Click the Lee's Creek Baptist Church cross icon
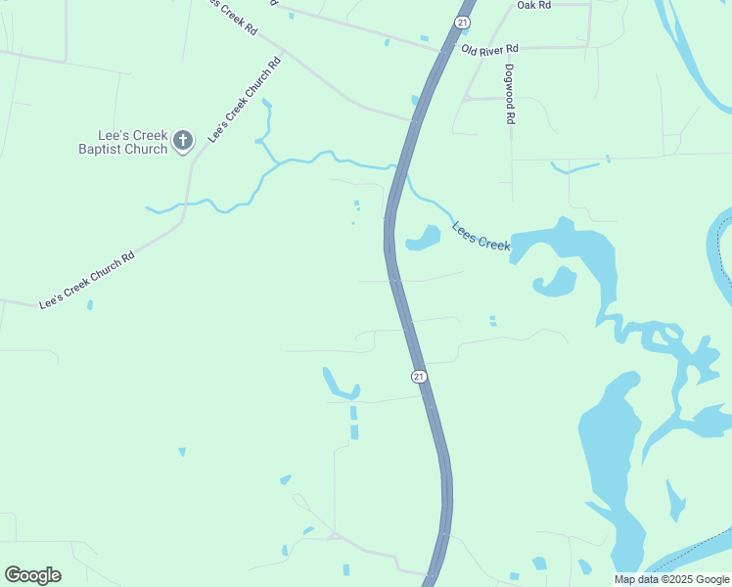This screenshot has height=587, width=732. click(x=182, y=142)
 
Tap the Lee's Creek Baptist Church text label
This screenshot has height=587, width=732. click(x=123, y=142)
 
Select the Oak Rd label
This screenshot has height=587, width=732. click(x=534, y=6)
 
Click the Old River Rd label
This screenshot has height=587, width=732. click(x=490, y=48)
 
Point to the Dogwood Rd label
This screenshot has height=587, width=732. click(x=510, y=94)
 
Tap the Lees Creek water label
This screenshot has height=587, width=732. click(x=481, y=236)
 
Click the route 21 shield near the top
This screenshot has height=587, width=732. click(x=463, y=22)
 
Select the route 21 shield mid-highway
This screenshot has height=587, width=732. click(x=418, y=376)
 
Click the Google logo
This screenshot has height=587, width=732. click(x=32, y=575)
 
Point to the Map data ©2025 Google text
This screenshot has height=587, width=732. click(x=670, y=579)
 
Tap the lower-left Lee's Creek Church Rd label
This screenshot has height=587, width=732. click(x=85, y=282)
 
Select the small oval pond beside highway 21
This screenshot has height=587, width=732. click(x=423, y=238)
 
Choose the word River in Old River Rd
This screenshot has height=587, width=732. click(x=491, y=48)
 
